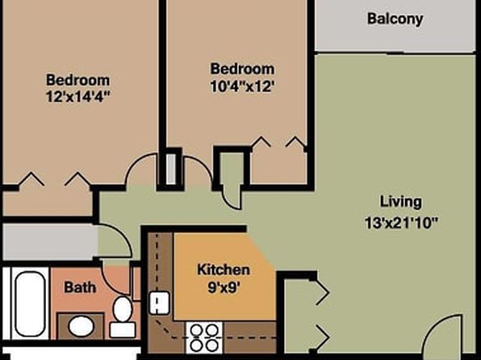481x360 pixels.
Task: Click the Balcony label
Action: coord(395,19)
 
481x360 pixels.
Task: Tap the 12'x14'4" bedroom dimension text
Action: coord(78,96)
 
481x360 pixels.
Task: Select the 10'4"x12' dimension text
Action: coord(242,86)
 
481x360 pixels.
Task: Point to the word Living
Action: coord(401,203)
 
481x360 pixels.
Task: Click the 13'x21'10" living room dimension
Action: coord(401,223)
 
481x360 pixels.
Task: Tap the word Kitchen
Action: coord(224,270)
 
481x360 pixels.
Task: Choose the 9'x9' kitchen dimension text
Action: coord(224,287)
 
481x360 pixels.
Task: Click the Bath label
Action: coord(80,287)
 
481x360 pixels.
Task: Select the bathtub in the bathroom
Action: coord(30,303)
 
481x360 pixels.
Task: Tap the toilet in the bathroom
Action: coord(123,316)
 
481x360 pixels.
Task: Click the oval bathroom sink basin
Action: coord(81,326)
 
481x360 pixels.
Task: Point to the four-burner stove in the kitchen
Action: coord(204,337)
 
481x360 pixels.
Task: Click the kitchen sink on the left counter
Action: coord(159,303)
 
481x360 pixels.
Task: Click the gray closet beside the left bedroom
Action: coord(50,242)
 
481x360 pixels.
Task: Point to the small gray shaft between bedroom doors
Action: coord(171,169)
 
